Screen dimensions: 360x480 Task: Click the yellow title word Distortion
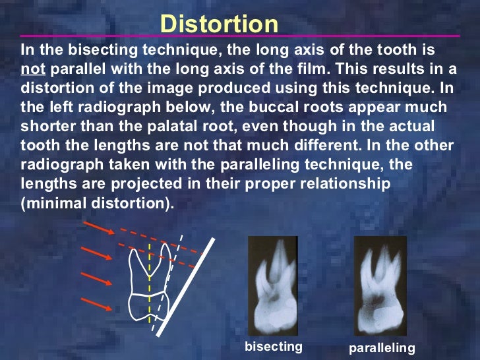(220, 24)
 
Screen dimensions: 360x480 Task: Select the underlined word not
(32, 68)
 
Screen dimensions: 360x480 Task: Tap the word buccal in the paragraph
(262, 107)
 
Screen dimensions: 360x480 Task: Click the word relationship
(353, 185)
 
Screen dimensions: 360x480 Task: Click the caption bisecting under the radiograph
(273, 346)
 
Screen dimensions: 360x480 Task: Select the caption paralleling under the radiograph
(383, 347)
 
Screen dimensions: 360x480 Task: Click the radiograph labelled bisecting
(273, 285)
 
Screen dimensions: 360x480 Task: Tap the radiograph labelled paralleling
(380, 285)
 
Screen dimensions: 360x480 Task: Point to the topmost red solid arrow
(96, 230)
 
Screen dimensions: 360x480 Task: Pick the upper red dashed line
(158, 238)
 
